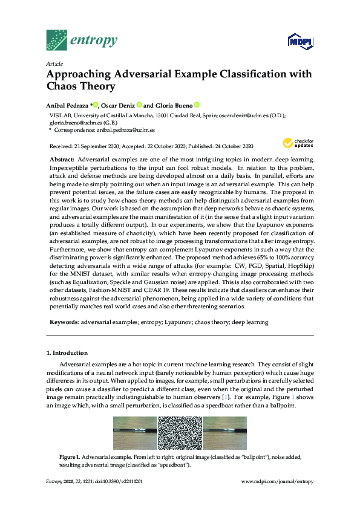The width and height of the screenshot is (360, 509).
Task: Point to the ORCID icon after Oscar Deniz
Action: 139,104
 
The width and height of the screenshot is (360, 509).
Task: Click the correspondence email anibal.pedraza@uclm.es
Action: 126,129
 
